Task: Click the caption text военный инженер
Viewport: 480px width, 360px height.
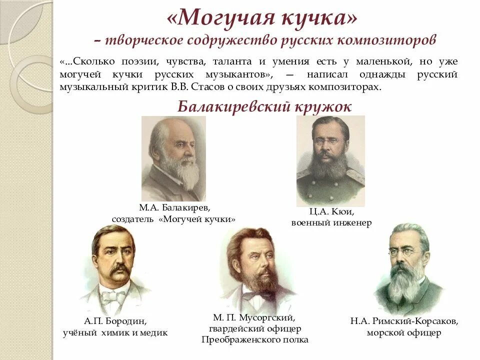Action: click(331, 223)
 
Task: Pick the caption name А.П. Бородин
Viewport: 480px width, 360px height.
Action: click(115, 320)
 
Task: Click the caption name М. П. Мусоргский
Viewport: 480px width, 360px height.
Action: click(254, 317)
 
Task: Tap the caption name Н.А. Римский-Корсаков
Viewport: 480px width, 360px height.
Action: click(403, 320)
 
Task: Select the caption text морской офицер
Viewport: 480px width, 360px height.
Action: click(403, 332)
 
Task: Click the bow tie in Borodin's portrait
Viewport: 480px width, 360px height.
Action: click(113, 296)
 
